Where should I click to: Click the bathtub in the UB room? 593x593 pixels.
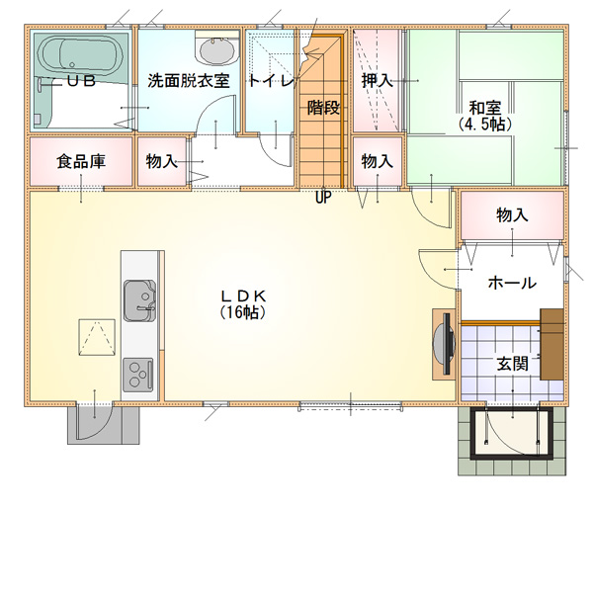80,56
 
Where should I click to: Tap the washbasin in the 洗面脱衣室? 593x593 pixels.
217,51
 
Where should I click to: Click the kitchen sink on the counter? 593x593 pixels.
139,300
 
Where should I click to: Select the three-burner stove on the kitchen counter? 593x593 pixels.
138,375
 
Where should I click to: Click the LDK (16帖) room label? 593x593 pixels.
243,304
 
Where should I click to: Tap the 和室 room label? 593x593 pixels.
485,108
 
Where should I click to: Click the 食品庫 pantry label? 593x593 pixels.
81,161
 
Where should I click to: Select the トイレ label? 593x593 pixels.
271,81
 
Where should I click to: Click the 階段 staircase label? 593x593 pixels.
323,108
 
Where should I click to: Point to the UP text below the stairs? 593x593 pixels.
323,197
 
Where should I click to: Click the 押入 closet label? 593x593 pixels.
377,81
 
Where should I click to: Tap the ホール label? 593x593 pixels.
512,283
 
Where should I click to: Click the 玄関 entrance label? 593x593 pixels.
512,364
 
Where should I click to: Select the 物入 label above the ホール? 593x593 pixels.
512,214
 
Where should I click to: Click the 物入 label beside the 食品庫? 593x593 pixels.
161,161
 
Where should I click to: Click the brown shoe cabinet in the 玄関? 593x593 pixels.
551,344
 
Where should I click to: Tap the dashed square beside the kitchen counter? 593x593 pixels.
97,337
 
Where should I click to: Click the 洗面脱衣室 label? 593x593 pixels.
189,81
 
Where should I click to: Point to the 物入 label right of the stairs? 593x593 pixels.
377,161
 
